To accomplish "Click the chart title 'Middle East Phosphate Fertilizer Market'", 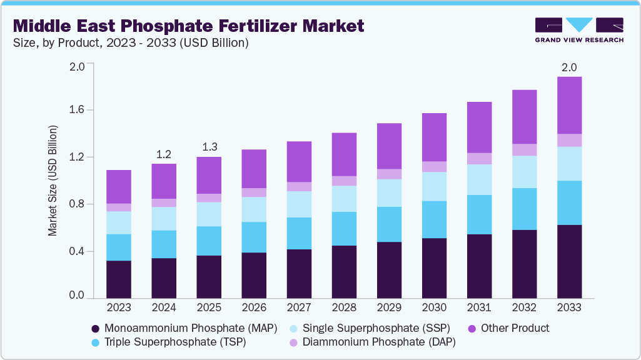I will tap(188, 26).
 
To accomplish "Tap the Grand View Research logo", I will tap(578, 30).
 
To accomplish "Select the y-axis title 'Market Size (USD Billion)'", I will tap(53, 181).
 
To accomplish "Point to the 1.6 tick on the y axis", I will tap(76, 110).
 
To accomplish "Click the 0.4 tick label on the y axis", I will tap(76, 251).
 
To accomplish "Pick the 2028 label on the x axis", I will tap(343, 307).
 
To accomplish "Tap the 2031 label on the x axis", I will tap(478, 307).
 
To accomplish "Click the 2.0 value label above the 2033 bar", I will tap(569, 67).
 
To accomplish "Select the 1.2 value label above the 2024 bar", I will tap(164, 154).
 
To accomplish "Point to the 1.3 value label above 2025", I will tap(209, 147).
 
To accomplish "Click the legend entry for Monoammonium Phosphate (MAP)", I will tap(184, 328).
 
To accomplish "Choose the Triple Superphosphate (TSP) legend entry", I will tap(169, 342).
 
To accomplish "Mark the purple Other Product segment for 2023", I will tap(119, 186).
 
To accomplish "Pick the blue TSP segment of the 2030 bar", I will tap(433, 219).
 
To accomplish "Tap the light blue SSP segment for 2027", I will tap(298, 204).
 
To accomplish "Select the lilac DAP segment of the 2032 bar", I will tap(524, 149).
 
